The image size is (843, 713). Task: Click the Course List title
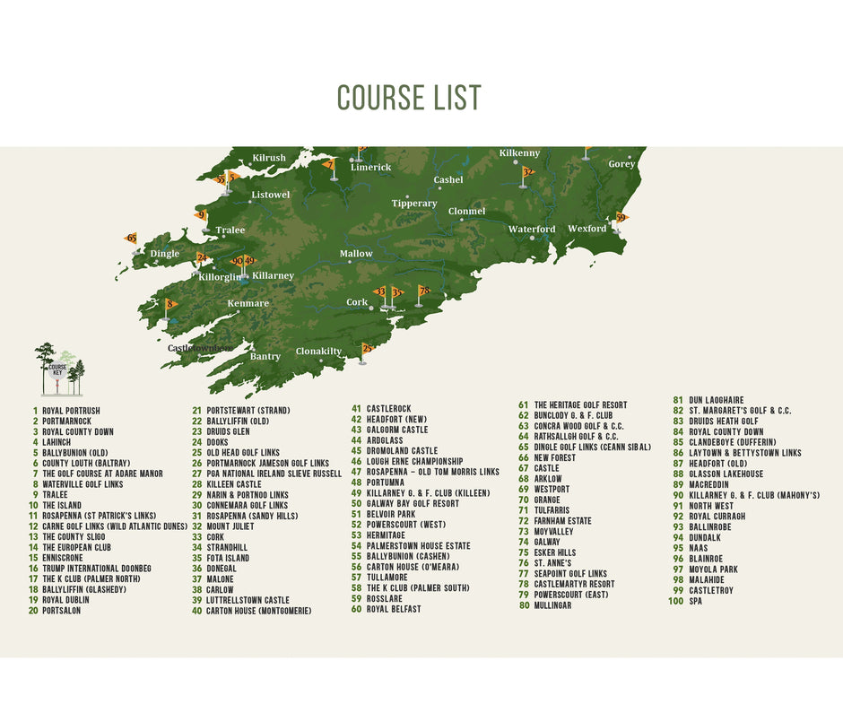[x=409, y=97]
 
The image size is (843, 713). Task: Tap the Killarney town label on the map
[x=273, y=275]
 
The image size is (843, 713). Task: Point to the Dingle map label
[x=164, y=254]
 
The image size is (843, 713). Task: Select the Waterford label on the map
[x=532, y=230]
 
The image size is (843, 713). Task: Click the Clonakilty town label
[x=319, y=352]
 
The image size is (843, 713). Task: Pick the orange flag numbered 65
[x=131, y=239]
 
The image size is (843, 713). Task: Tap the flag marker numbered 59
[x=621, y=217]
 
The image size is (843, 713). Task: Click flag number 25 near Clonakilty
[x=367, y=348]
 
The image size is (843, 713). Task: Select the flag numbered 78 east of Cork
[x=424, y=291]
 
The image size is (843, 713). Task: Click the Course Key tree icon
[x=58, y=369]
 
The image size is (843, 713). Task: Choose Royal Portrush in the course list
[x=71, y=411]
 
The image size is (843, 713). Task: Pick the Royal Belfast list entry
[x=394, y=610]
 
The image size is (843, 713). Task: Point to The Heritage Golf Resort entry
[x=580, y=405]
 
